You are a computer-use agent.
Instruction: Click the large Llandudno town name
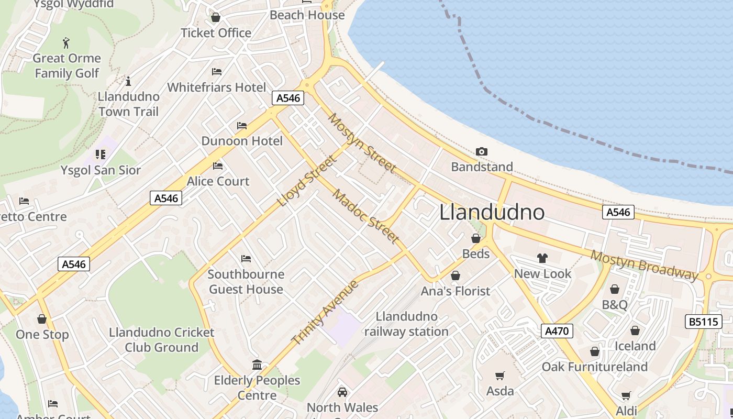(492, 212)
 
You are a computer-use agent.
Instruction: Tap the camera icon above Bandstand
(482, 152)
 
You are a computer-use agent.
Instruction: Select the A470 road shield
(556, 331)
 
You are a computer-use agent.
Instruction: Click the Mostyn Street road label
(361, 142)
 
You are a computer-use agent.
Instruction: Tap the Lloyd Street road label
(306, 181)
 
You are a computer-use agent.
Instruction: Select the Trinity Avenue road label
(325, 313)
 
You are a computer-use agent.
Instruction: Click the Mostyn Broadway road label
(645, 265)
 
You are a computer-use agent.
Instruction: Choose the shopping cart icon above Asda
(500, 376)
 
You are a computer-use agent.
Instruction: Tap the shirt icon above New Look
(542, 258)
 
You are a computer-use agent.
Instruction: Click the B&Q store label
(614, 305)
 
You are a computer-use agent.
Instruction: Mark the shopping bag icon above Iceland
(635, 330)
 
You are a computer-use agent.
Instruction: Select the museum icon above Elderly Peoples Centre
(257, 365)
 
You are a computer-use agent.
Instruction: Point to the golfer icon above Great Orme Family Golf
(66, 42)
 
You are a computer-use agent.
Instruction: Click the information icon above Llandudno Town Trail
(128, 81)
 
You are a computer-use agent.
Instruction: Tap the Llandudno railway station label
(406, 324)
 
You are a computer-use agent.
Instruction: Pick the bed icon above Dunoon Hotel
(242, 126)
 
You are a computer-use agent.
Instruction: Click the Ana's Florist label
(456, 291)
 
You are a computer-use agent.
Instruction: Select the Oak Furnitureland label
(594, 367)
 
